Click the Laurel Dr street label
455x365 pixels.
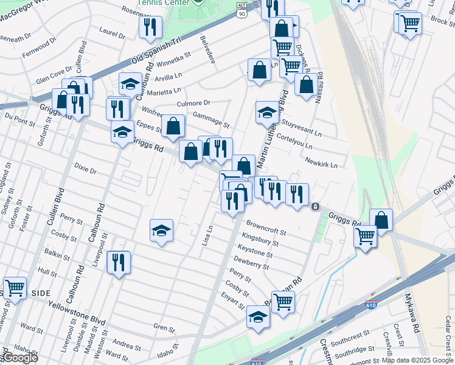coord(112,33)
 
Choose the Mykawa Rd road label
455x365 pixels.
coord(412,313)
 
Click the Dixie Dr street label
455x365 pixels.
coord(85,168)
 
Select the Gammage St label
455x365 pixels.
coord(210,120)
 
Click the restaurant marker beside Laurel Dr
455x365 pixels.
coord(150,27)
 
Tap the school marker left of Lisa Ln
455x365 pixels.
coord(161,231)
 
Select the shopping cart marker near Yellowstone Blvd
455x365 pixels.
coord(15,288)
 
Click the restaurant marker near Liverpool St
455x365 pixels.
coord(118,262)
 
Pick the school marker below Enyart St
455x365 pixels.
coord(258,317)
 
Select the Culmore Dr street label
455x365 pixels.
coord(193,103)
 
